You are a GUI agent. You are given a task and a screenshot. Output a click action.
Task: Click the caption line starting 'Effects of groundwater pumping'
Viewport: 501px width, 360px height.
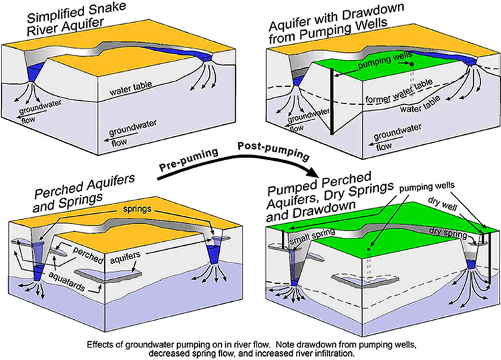[250, 345]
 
